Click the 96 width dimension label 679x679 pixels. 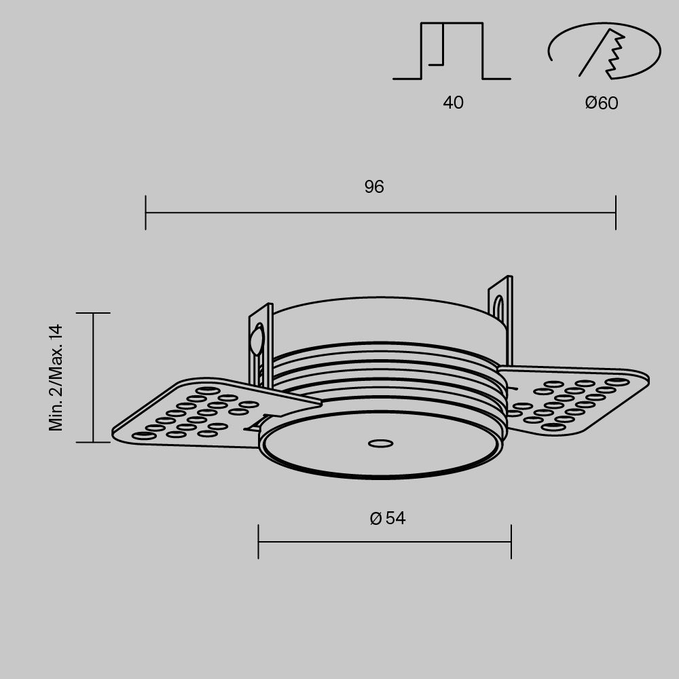pyautogui.click(x=374, y=187)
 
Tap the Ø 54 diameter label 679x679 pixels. pyautogui.click(x=388, y=519)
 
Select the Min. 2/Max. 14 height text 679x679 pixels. pyautogui.click(x=56, y=378)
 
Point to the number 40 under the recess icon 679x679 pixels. pyautogui.click(x=453, y=103)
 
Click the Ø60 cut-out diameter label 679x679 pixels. pyautogui.click(x=602, y=103)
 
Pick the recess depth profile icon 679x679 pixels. pyautogui.click(x=452, y=52)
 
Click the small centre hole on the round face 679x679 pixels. pyautogui.click(x=380, y=444)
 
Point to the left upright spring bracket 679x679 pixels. pyautogui.click(x=261, y=346)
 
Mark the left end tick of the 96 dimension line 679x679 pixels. pyautogui.click(x=146, y=213)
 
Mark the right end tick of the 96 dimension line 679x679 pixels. pyautogui.click(x=615, y=213)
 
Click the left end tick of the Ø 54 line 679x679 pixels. pyautogui.click(x=259, y=542)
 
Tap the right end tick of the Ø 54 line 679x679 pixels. pyautogui.click(x=511, y=542)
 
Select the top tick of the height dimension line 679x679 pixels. pyautogui.click(x=93, y=313)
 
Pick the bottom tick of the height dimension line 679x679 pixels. pyautogui.click(x=93, y=442)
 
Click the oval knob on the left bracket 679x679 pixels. pyautogui.click(x=257, y=340)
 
